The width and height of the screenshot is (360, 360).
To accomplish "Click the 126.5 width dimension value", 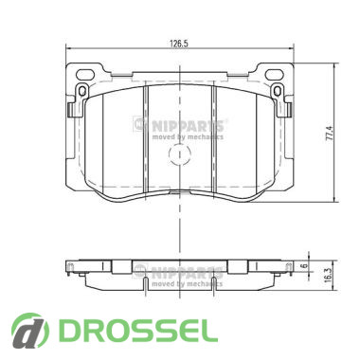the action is pos(179,44).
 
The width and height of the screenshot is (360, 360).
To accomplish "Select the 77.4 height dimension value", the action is pos(329,134).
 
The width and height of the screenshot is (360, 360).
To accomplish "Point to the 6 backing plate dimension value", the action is pos(305,265).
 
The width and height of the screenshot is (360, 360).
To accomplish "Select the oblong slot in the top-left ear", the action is pos(85,75).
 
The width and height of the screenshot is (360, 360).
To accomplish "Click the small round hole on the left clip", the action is pos(82,91).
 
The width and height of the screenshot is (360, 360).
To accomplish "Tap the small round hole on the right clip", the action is pos(278,91).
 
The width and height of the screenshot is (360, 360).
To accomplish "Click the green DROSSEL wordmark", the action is pos(139,330).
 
